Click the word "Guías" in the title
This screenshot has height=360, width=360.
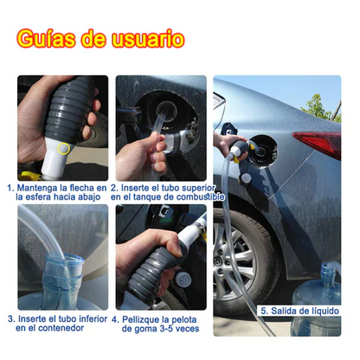pyautogui.click(x=46, y=39)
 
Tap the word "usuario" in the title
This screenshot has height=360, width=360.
pyautogui.click(x=148, y=39)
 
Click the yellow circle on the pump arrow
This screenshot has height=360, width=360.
pyautogui.click(x=63, y=149)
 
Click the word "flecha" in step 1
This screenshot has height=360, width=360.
pyautogui.click(x=82, y=188)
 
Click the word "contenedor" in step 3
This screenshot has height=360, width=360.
pyautogui.click(x=61, y=328)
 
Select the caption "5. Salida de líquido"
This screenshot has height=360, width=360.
pyautogui.click(x=299, y=311)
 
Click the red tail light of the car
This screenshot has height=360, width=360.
pyautogui.click(x=318, y=144)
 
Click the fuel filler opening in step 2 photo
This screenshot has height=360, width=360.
pyautogui.click(x=167, y=110)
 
